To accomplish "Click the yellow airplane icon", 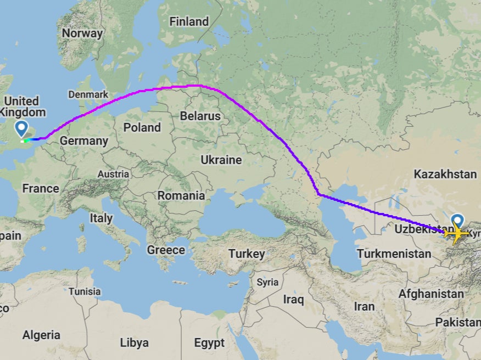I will coord(456,234).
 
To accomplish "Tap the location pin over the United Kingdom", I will coord(21,129).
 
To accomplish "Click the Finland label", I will coord(189,22).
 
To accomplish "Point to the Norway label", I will coord(82,33).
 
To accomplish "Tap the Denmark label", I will coord(88,94).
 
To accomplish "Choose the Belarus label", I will coord(200,116).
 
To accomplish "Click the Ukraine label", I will coord(221,160).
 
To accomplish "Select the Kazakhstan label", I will coord(445,175).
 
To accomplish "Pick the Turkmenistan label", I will coord(394,254).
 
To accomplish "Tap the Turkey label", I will coord(247,254).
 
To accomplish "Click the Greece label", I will coord(166,250).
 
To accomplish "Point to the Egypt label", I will coord(209,343).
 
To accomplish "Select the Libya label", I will coord(134,343).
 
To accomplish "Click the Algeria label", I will coord(41,335).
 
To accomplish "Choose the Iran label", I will coord(365,306).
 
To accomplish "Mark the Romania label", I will coord(181,195).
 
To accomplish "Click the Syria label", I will coord(267,282).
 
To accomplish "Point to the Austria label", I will coord(113,174).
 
